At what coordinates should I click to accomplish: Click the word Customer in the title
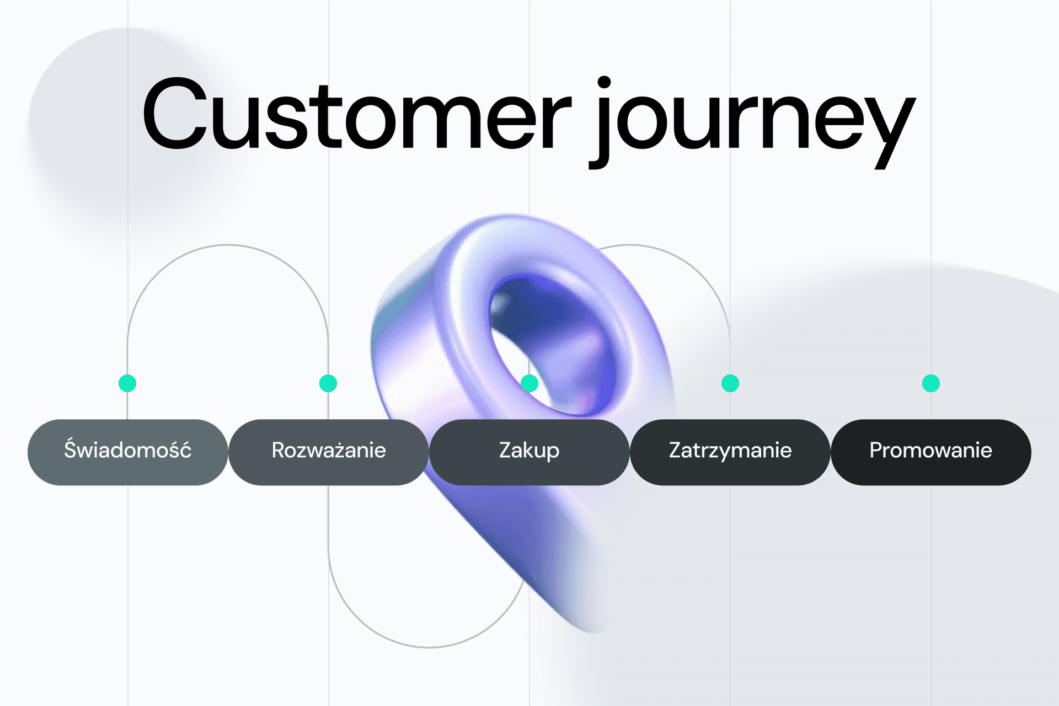coord(356,116)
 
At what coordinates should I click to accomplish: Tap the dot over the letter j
coord(604,82)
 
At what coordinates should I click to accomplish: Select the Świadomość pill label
coord(127,451)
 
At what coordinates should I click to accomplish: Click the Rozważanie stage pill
coord(329,451)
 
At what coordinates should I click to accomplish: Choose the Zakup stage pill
coord(529,451)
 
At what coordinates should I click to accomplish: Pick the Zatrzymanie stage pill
coord(730,451)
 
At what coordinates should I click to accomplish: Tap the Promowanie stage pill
coord(931,451)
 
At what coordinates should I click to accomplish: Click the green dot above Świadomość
coord(127,383)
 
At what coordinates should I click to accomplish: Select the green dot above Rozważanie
coord(328,383)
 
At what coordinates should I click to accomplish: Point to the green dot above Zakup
coord(529,383)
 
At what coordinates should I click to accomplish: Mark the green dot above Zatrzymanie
coord(730,383)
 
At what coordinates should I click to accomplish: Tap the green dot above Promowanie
coord(931,383)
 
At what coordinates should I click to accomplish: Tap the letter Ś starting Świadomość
coord(70,448)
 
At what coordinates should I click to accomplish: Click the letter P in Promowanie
coord(875,450)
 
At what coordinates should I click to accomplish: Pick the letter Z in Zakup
coord(505,450)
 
